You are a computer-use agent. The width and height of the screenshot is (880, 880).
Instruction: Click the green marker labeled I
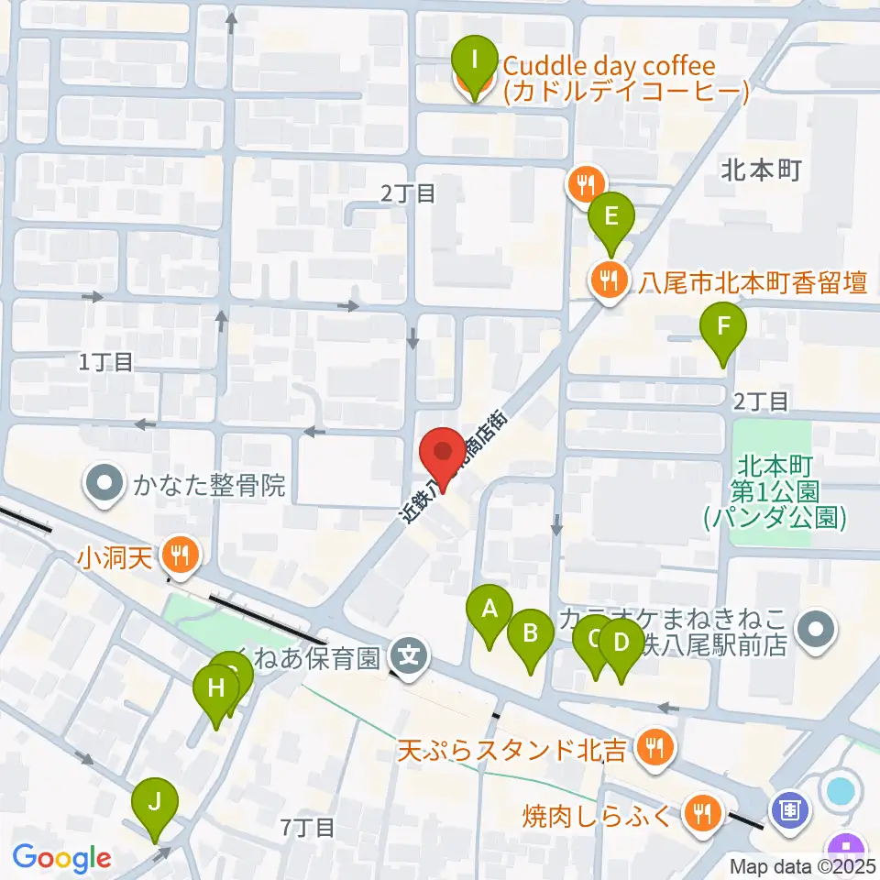(474, 61)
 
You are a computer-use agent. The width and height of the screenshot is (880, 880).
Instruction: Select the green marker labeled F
(723, 326)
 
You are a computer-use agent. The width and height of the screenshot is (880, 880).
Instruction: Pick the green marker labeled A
(489, 608)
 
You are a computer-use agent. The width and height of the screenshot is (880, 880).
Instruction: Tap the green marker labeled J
(155, 803)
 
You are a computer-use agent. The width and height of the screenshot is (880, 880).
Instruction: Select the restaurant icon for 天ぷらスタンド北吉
(654, 749)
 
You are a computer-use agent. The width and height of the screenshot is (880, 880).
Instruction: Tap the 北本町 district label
(762, 170)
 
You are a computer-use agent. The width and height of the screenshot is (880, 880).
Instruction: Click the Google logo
(62, 858)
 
